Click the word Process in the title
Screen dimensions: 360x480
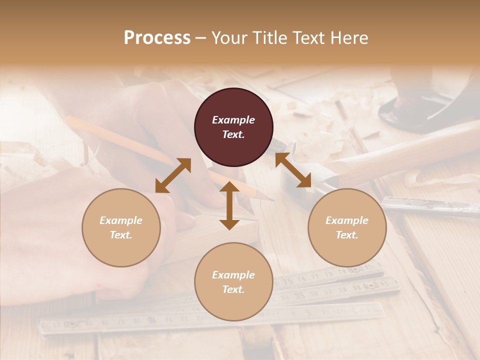tap(157, 38)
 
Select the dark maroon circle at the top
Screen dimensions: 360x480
tap(233, 127)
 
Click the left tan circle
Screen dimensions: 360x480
tap(121, 227)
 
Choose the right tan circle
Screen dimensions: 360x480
tap(347, 227)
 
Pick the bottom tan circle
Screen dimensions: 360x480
tap(233, 282)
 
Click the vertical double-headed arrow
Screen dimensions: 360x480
tap(229, 205)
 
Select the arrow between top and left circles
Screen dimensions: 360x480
tap(173, 175)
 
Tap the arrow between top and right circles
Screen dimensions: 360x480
tap(293, 170)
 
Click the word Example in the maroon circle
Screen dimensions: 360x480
tap(233, 120)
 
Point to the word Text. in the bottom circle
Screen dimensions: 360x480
tap(233, 289)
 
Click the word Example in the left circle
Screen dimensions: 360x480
tap(121, 220)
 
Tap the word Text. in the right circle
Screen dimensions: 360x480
tap(347, 235)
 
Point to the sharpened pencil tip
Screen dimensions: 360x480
tap(270, 199)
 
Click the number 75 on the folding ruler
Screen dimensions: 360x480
tap(288, 281)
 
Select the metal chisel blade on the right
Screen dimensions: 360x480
tap(430, 206)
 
